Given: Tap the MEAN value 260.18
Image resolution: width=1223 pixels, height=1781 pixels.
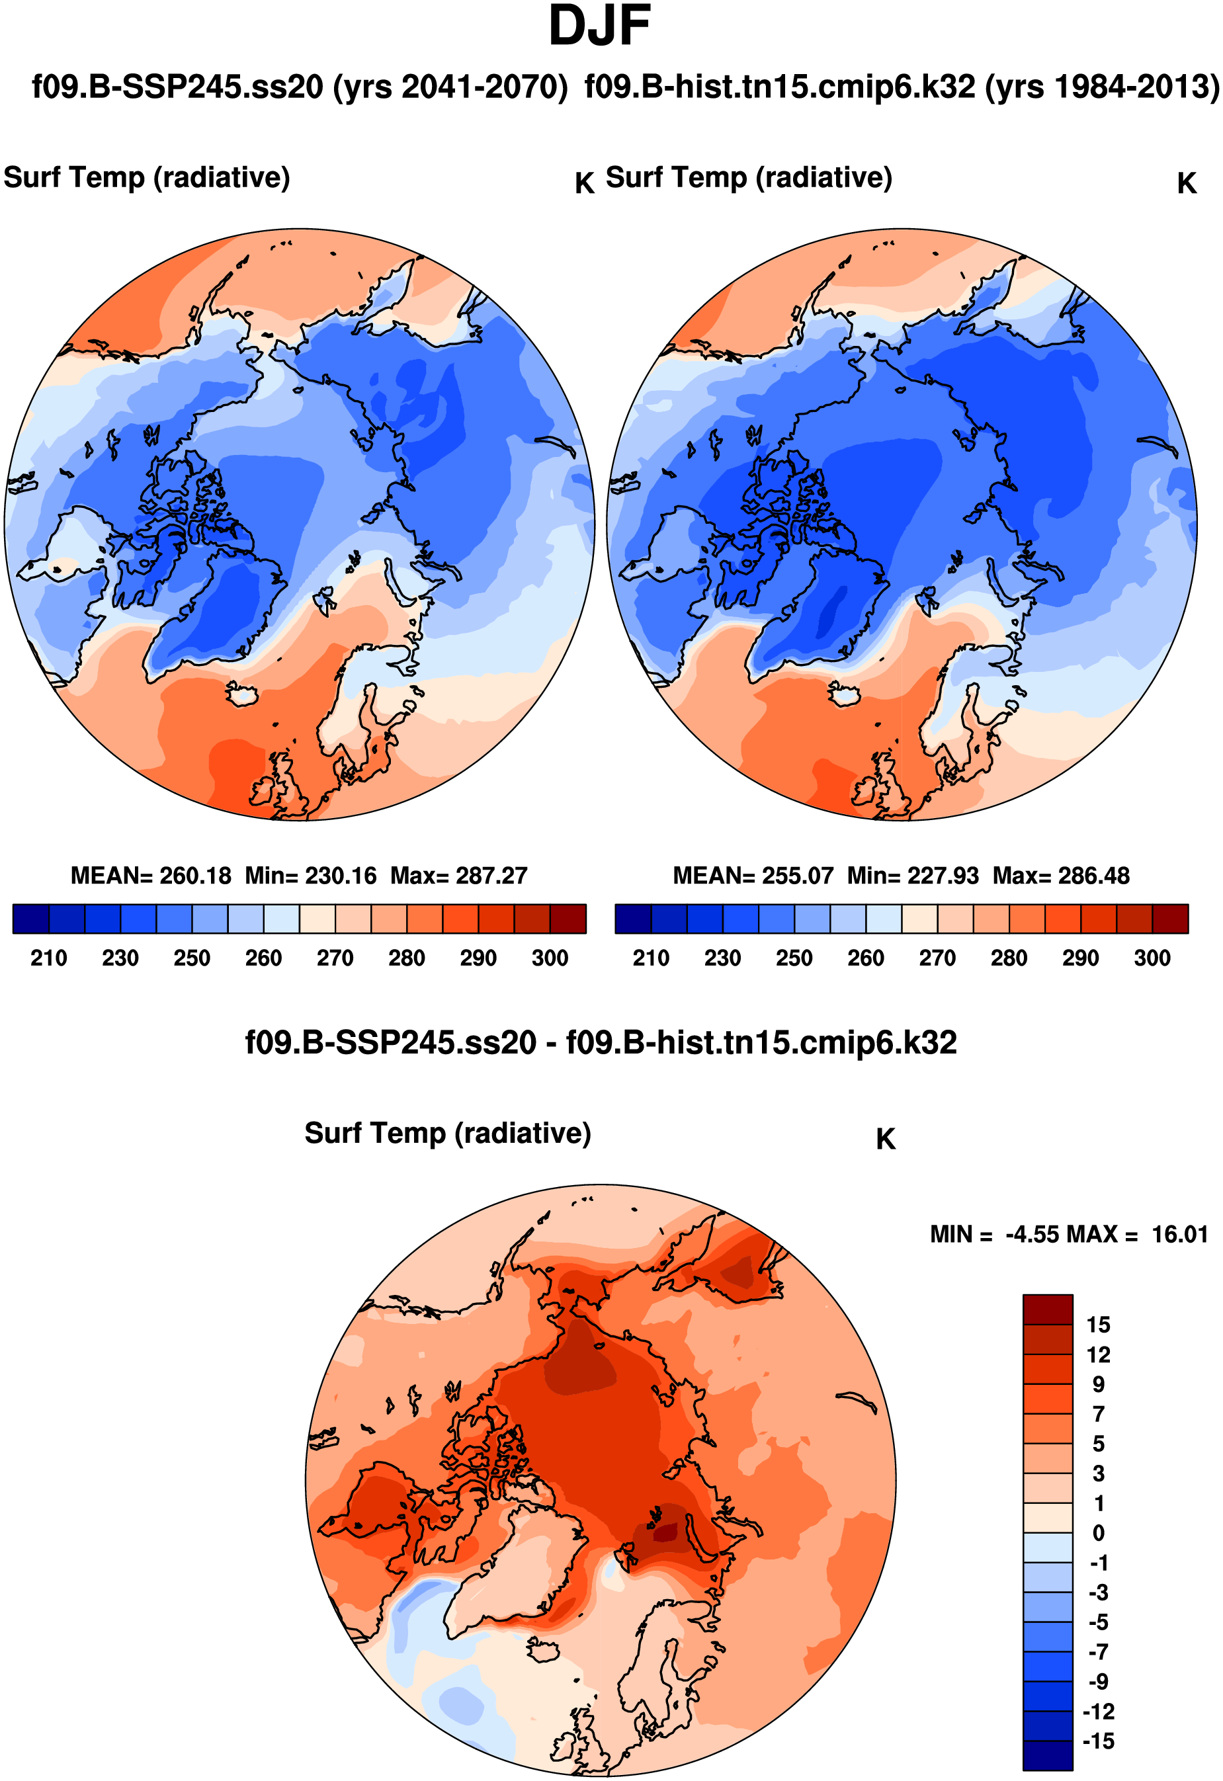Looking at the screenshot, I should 194,876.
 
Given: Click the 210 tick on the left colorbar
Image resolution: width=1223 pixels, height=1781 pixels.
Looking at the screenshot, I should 48,958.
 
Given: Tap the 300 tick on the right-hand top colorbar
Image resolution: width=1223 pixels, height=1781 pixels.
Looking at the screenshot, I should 1152,958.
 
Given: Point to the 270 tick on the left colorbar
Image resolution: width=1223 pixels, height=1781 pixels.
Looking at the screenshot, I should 335,958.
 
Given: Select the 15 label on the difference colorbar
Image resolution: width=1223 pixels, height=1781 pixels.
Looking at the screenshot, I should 1098,1325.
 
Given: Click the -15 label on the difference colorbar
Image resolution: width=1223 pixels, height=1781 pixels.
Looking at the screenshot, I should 1098,1741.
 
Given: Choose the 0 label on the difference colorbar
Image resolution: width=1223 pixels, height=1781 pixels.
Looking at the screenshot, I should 1098,1534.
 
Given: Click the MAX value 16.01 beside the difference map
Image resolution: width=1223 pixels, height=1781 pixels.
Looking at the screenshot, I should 1179,1235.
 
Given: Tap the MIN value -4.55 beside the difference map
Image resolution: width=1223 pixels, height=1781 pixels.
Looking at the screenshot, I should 1034,1235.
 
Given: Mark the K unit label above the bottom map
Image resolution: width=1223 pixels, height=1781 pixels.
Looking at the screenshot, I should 885,1139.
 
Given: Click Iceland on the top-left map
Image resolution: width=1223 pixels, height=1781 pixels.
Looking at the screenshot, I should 243,694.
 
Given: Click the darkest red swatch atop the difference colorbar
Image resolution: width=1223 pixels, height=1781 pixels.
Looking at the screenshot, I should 1048,1309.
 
